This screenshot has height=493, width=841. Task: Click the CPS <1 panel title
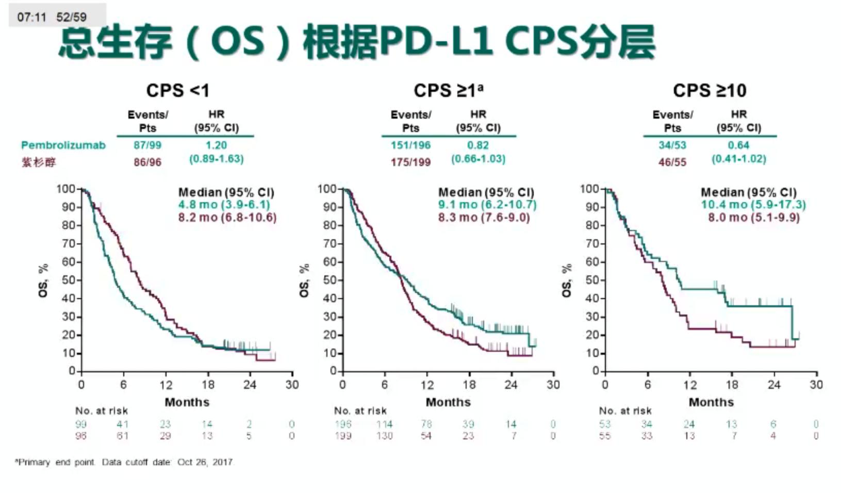[178, 91]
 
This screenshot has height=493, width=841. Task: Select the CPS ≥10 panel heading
[710, 91]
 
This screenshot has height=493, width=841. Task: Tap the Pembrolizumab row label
[63, 145]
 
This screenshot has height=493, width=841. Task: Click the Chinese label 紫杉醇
[39, 162]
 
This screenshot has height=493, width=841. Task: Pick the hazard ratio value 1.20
[216, 145]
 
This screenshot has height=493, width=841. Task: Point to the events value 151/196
[410, 145]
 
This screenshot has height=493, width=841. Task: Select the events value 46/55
[672, 162]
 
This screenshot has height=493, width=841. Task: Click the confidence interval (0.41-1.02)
[739, 159]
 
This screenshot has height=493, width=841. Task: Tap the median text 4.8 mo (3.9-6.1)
[224, 205]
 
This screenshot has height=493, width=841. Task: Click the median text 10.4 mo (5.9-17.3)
[753, 205]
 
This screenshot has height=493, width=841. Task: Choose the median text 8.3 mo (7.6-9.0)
[484, 218]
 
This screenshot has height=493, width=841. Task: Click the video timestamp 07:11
[31, 17]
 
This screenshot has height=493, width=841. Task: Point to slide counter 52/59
[72, 17]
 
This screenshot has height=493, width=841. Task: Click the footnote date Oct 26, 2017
[205, 462]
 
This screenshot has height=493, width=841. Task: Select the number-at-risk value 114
[384, 424]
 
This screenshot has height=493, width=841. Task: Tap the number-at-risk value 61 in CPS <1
[122, 436]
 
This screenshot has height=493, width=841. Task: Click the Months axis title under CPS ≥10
[711, 402]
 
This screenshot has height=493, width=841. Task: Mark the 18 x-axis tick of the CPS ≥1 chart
[469, 385]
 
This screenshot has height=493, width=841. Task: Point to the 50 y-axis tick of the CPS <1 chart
[69, 280]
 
